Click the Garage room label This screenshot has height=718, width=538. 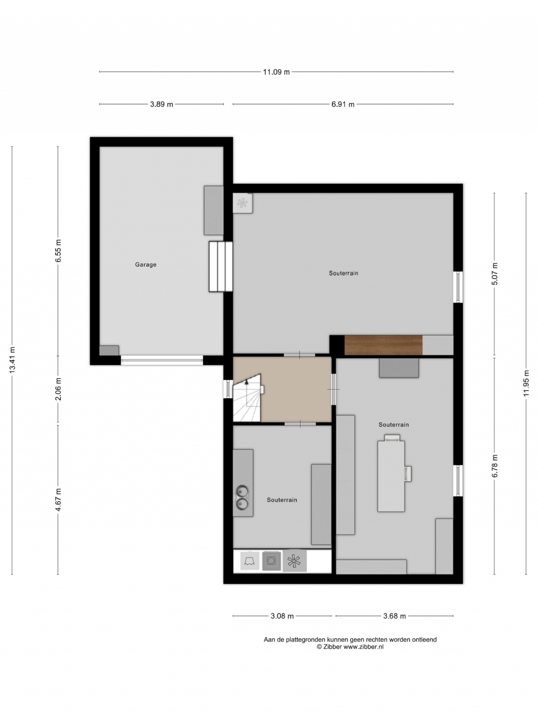pyautogui.click(x=146, y=264)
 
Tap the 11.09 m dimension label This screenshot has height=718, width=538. pyautogui.click(x=276, y=72)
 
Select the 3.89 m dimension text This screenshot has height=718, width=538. pyautogui.click(x=161, y=104)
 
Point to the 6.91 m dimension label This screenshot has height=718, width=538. pyautogui.click(x=343, y=104)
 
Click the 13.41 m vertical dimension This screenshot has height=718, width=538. pyautogui.click(x=12, y=359)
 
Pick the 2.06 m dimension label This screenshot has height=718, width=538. pyautogui.click(x=58, y=389)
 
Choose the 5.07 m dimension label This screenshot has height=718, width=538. pyautogui.click(x=494, y=274)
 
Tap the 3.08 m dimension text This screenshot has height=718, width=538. pyautogui.click(x=282, y=616)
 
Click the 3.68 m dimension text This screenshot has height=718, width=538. pyautogui.click(x=394, y=616)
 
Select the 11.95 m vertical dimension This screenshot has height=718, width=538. pyautogui.click(x=526, y=383)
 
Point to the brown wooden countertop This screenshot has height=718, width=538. pyautogui.click(x=383, y=345)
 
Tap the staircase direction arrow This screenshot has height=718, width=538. pyautogui.click(x=246, y=381)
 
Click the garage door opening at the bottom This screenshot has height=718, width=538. pyautogui.click(x=162, y=360)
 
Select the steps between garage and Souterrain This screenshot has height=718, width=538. pyautogui.click(x=221, y=266)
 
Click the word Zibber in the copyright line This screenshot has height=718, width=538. pyautogui.click(x=333, y=646)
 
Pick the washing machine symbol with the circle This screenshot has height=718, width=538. pyautogui.click(x=271, y=561)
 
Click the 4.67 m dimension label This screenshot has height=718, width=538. pyautogui.click(x=58, y=500)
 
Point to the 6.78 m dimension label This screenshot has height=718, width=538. pyautogui.click(x=494, y=466)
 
